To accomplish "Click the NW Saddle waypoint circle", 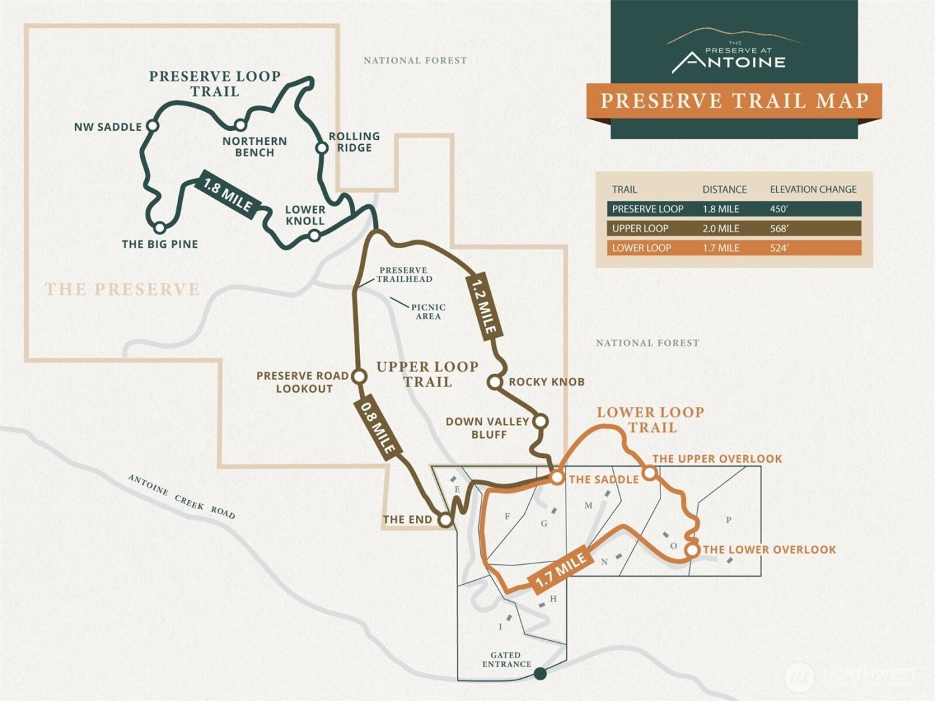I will tap(152, 126).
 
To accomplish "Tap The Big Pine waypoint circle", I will tap(160, 228).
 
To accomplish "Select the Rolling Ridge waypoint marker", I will tap(322, 148).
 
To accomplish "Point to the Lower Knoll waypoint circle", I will tap(314, 235).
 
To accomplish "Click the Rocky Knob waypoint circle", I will tap(494, 382).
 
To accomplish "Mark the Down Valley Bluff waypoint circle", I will tap(540, 421).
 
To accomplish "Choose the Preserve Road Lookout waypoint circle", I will tap(359, 377).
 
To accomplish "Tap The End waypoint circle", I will tap(445, 519).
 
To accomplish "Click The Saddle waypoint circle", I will tap(557, 477).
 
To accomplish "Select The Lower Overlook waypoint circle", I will tap(693, 549).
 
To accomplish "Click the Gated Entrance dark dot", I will tap(540, 674).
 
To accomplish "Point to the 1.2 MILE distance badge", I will tap(484, 306).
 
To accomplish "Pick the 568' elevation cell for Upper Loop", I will tap(779, 228).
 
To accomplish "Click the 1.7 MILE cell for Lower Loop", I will tap(721, 248).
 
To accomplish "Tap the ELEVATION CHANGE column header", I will tap(813, 190).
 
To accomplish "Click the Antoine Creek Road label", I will tap(182, 497).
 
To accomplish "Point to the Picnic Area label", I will tap(428, 312).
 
